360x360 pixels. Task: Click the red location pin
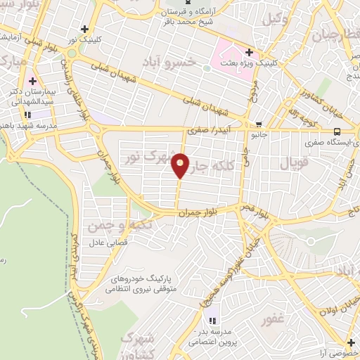point(181,165)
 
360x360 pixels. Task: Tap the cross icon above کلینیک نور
point(85,30)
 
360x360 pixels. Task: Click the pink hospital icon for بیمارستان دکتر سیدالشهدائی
point(32,82)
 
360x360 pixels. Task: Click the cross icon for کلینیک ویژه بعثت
point(249,52)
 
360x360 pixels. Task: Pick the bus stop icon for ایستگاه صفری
point(338,131)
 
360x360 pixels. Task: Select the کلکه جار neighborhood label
point(210,166)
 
